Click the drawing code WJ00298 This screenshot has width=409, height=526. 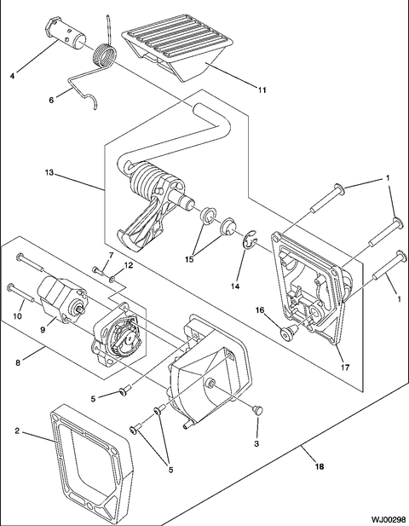coord(389,520)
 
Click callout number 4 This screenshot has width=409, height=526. coord(13,76)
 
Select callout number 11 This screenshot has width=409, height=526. coord(262,90)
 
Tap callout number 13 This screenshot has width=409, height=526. coord(49,172)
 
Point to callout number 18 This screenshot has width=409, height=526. coord(320,466)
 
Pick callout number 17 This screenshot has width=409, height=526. coord(345,367)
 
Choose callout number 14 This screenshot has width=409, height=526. coord(235,286)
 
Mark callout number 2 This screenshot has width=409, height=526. coord(17,431)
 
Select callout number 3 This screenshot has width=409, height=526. coord(256,444)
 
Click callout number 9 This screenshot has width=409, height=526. coord(43,330)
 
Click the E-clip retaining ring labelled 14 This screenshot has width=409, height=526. coord(250,240)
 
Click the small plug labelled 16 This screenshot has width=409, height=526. coord(288,332)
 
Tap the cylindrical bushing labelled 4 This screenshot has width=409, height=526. coord(65,32)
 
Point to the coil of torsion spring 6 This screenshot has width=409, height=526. coord(105,55)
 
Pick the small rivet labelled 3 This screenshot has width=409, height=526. coord(258,409)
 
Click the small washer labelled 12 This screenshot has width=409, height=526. coord(113,278)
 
